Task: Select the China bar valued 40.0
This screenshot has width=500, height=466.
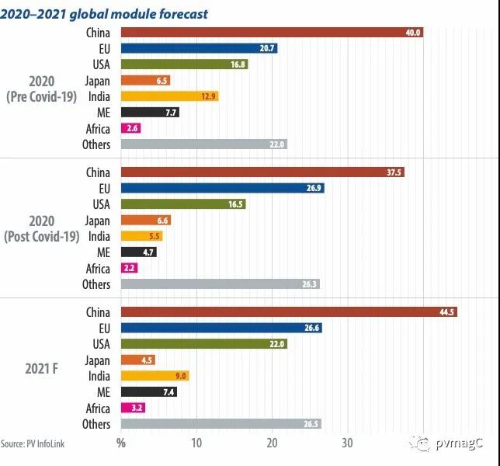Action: click(x=272, y=33)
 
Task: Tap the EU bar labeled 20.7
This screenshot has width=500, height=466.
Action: click(x=199, y=48)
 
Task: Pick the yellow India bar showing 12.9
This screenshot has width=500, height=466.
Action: click(x=169, y=96)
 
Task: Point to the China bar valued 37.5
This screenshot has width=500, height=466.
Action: click(x=262, y=172)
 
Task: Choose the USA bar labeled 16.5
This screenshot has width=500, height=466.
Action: click(x=182, y=204)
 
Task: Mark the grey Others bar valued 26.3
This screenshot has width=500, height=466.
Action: click(x=220, y=284)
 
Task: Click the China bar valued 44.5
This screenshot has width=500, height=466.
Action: click(x=289, y=312)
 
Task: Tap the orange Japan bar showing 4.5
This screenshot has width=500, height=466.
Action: click(x=137, y=360)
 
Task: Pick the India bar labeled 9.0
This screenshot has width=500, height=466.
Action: click(x=155, y=376)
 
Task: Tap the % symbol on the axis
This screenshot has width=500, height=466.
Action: click(x=120, y=443)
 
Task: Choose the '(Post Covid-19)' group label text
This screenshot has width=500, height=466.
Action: click(x=43, y=236)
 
